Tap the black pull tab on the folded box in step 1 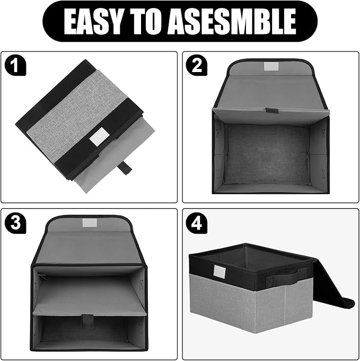(x=125, y=169)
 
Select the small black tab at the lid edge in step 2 (x=271, y=111)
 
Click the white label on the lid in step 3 (x=89, y=225)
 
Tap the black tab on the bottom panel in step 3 (x=87, y=321)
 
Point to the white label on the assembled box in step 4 (x=219, y=271)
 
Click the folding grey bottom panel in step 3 (x=89, y=294)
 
